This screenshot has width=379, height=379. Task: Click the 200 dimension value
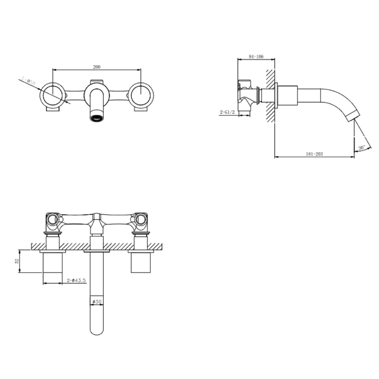pyautogui.click(x=96, y=67)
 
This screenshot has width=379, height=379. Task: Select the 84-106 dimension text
pyautogui.click(x=257, y=56)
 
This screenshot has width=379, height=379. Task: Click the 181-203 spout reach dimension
pyautogui.click(x=314, y=154)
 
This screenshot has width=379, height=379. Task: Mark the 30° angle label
pyautogui.click(x=361, y=148)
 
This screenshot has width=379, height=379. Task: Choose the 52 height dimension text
pyautogui.click(x=17, y=261)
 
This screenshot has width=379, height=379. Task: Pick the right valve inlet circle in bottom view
pyautogui.click(x=141, y=220)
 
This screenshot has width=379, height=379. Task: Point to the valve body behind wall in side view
pyautogui.click(x=247, y=94)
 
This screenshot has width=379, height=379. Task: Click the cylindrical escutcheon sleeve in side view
pyautogui.click(x=289, y=96)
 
